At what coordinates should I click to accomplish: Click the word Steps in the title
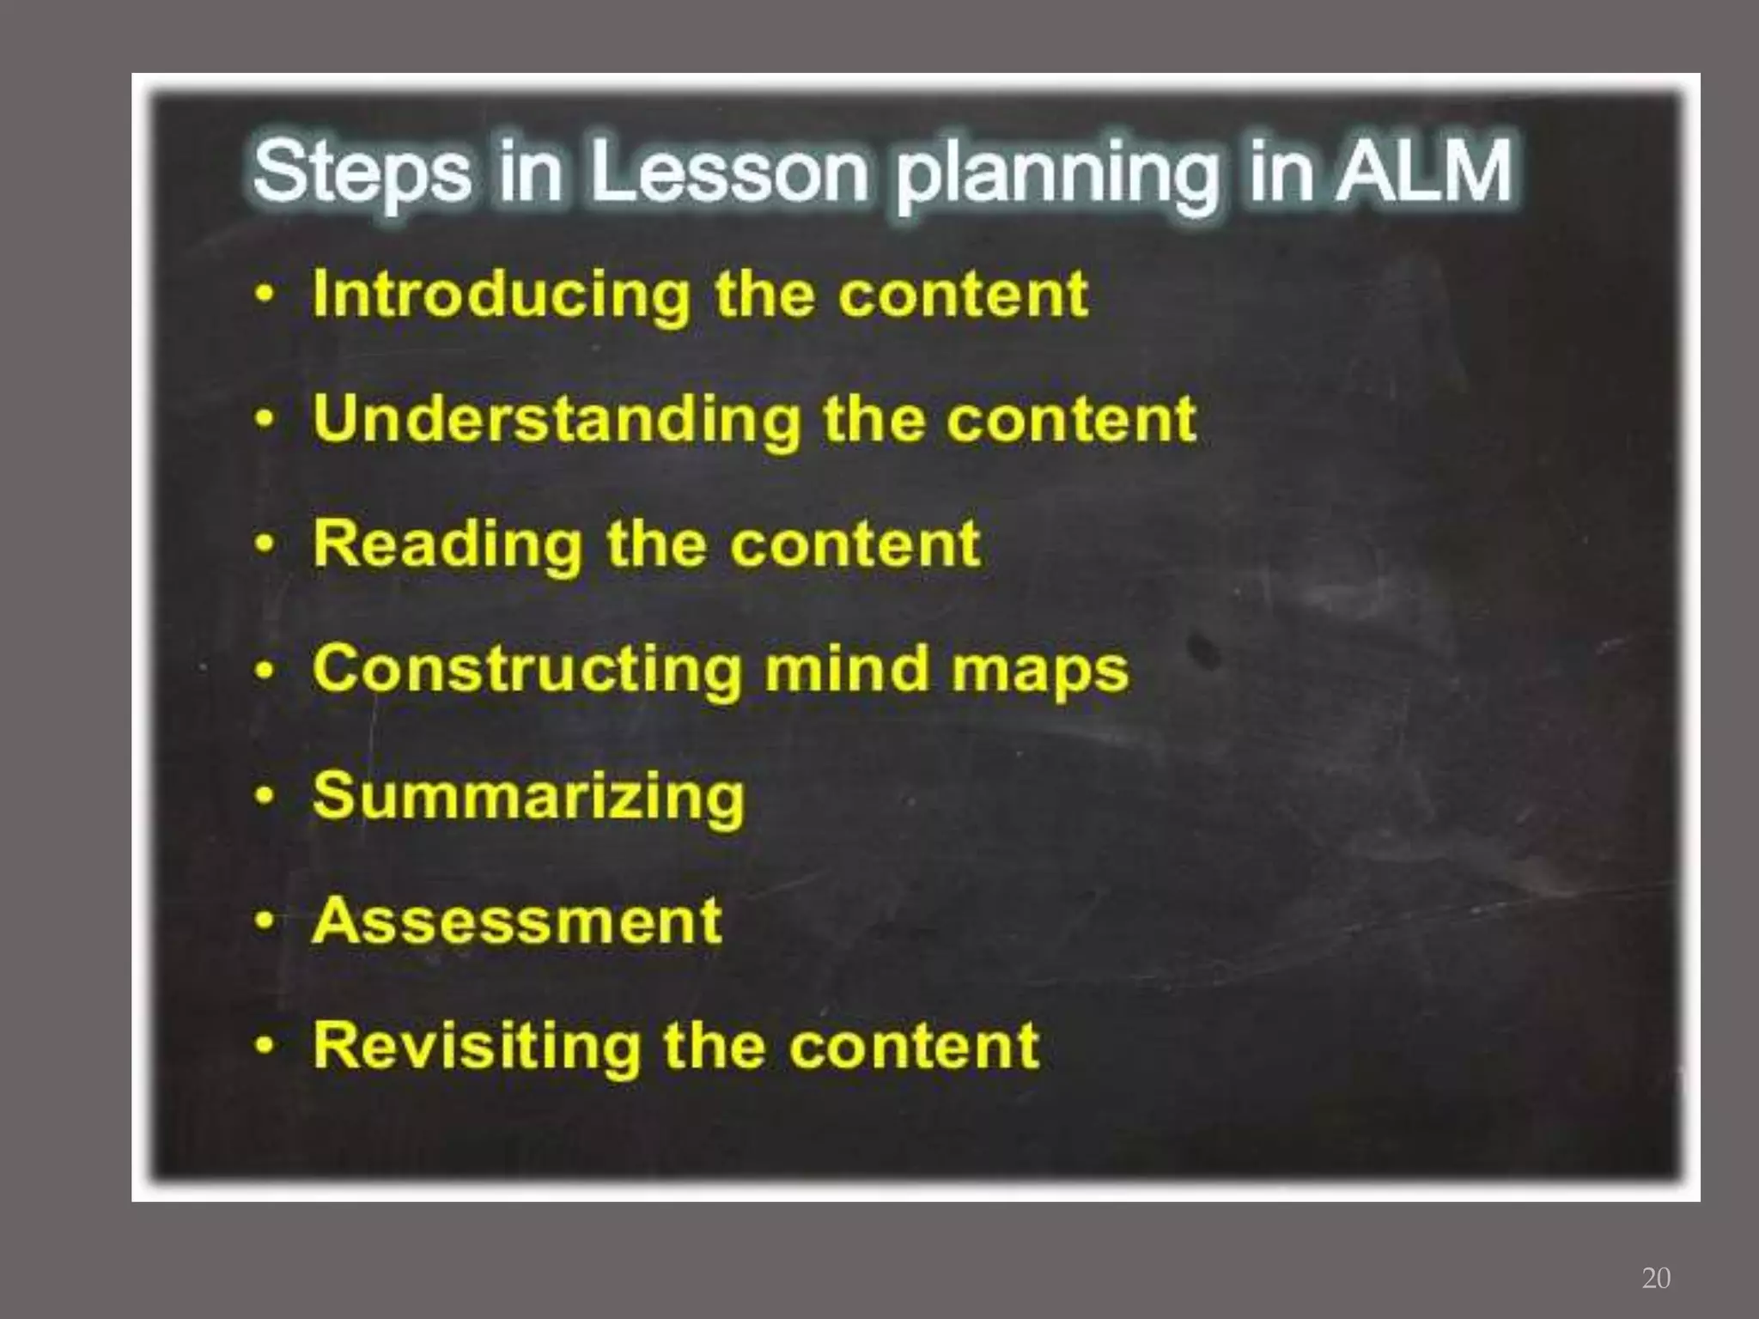click(x=362, y=172)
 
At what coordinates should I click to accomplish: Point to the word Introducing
click(x=502, y=295)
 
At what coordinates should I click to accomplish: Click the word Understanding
click(x=556, y=419)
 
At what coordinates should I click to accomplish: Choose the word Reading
click(x=447, y=544)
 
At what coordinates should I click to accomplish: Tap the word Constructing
click(x=527, y=669)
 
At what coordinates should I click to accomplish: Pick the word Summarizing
click(x=529, y=796)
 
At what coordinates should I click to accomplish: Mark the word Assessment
click(x=517, y=921)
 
